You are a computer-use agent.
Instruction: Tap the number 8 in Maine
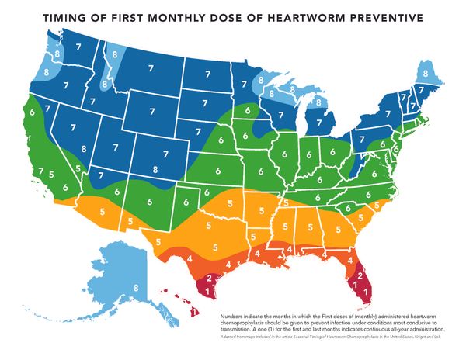coord(426,74)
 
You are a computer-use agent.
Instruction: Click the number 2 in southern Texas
coord(207,277)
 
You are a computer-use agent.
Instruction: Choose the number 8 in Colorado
coord(155,168)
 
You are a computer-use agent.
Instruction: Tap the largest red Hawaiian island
coord(190,313)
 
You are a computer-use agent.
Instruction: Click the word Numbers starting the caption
coord(232,317)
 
